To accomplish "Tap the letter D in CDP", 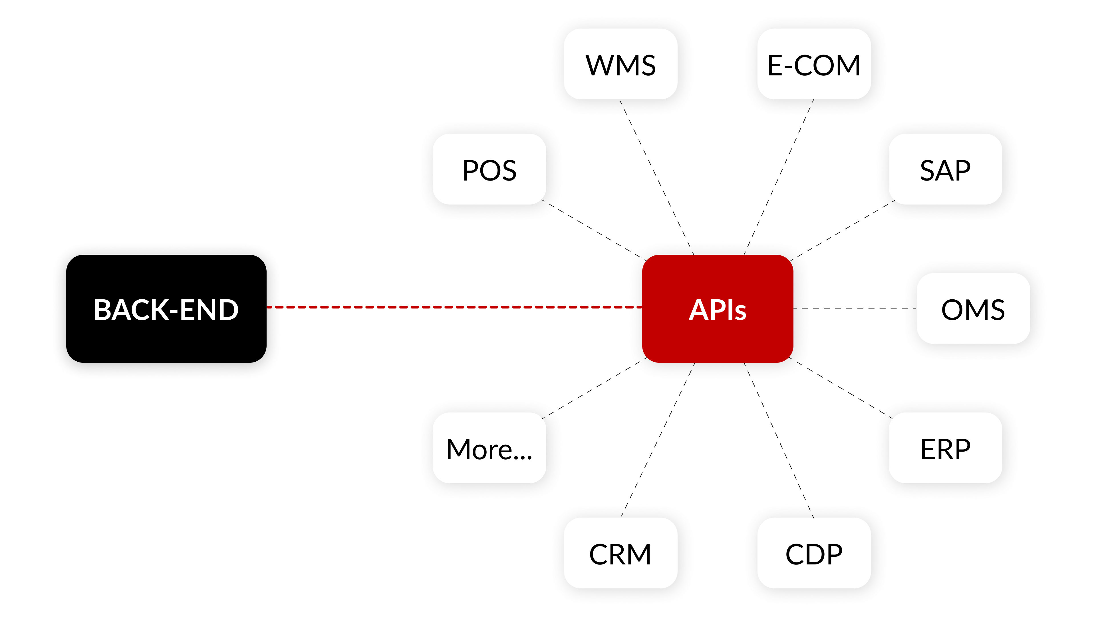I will point(814,554).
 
